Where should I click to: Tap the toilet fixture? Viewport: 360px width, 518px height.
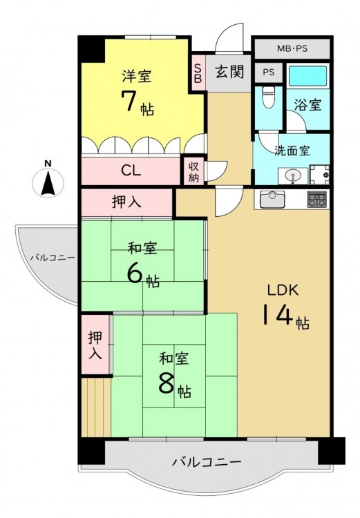[268, 97]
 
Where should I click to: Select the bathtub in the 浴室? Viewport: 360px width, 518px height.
[308, 76]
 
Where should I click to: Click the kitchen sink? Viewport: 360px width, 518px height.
[272, 199]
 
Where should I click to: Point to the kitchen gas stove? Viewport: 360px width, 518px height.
[317, 199]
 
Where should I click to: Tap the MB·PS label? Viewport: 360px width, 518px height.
[292, 49]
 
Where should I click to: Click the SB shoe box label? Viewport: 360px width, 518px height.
[198, 73]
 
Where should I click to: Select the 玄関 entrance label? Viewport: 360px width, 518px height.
[230, 71]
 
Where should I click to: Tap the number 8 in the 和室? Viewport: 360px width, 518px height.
[167, 383]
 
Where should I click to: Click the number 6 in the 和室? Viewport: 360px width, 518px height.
[135, 274]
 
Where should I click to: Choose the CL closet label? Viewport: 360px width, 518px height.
[131, 171]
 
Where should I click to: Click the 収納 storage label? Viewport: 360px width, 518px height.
[193, 172]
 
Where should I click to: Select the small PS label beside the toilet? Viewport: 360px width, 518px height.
[269, 72]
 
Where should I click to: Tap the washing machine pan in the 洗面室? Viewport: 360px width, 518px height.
[319, 175]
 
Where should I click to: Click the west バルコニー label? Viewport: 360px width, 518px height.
[53, 258]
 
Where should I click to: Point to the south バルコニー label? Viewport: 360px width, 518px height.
[207, 461]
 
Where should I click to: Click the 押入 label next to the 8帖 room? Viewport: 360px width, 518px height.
[95, 345]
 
